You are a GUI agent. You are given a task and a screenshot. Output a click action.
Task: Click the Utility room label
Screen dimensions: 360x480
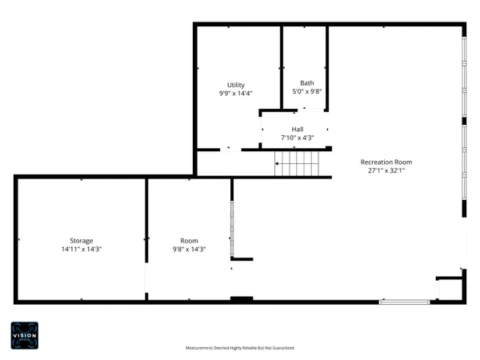click(236, 85)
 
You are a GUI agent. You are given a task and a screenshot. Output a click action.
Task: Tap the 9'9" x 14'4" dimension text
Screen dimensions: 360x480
click(236, 94)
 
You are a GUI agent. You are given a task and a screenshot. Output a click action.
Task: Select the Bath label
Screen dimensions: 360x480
click(307, 82)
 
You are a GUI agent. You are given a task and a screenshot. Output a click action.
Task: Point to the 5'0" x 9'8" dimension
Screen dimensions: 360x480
click(307, 91)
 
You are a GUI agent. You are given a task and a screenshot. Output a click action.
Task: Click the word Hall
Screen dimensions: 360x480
click(297, 129)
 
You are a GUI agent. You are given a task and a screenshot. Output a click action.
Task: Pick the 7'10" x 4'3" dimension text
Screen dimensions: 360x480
click(297, 138)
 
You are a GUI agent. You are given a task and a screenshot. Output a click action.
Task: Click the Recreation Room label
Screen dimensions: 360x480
click(390, 162)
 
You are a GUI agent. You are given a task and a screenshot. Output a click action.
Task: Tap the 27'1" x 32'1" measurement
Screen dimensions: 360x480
click(390, 170)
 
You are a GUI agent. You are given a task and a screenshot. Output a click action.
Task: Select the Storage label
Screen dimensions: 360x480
click(81, 240)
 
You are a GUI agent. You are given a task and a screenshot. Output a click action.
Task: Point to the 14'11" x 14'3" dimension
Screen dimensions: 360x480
click(81, 249)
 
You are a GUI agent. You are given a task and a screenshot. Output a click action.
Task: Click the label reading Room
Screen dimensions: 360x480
click(189, 240)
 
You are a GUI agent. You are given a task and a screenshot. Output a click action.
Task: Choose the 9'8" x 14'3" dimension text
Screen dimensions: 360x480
click(189, 249)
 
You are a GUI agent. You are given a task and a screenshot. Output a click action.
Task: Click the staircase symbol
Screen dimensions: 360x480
click(297, 166)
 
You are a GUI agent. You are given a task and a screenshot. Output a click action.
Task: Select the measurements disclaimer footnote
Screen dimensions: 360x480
click(239, 348)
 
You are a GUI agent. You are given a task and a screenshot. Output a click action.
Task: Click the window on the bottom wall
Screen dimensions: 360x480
click(404, 302)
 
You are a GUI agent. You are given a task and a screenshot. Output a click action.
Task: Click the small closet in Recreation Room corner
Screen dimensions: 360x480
click(450, 289)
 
